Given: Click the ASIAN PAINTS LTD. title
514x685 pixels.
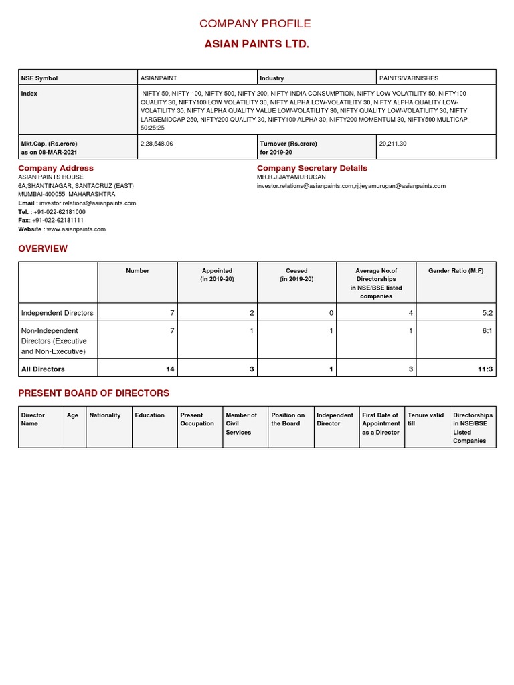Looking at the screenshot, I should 257,45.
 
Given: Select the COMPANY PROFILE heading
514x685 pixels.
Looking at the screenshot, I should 255,24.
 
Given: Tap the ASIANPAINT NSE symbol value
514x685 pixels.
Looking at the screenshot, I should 159,78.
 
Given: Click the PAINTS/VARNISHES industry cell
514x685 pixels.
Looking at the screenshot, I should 409,78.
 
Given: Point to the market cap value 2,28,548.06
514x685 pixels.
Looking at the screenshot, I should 157,144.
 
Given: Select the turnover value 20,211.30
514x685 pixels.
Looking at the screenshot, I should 393,144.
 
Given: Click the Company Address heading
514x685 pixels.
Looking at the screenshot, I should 56,168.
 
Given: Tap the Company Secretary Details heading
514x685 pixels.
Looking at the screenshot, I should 312,168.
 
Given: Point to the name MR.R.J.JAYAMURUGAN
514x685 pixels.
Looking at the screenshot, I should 291,177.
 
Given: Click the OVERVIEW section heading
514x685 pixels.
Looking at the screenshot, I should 43,249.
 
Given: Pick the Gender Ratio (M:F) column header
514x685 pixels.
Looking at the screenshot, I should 456,271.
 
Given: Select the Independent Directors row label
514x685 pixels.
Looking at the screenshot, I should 58,313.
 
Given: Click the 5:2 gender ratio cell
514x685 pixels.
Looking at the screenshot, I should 487,313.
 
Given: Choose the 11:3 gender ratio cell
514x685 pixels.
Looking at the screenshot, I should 485,369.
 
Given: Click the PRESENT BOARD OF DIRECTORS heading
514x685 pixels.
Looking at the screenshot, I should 94,393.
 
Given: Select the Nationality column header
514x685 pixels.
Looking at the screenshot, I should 105,415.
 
